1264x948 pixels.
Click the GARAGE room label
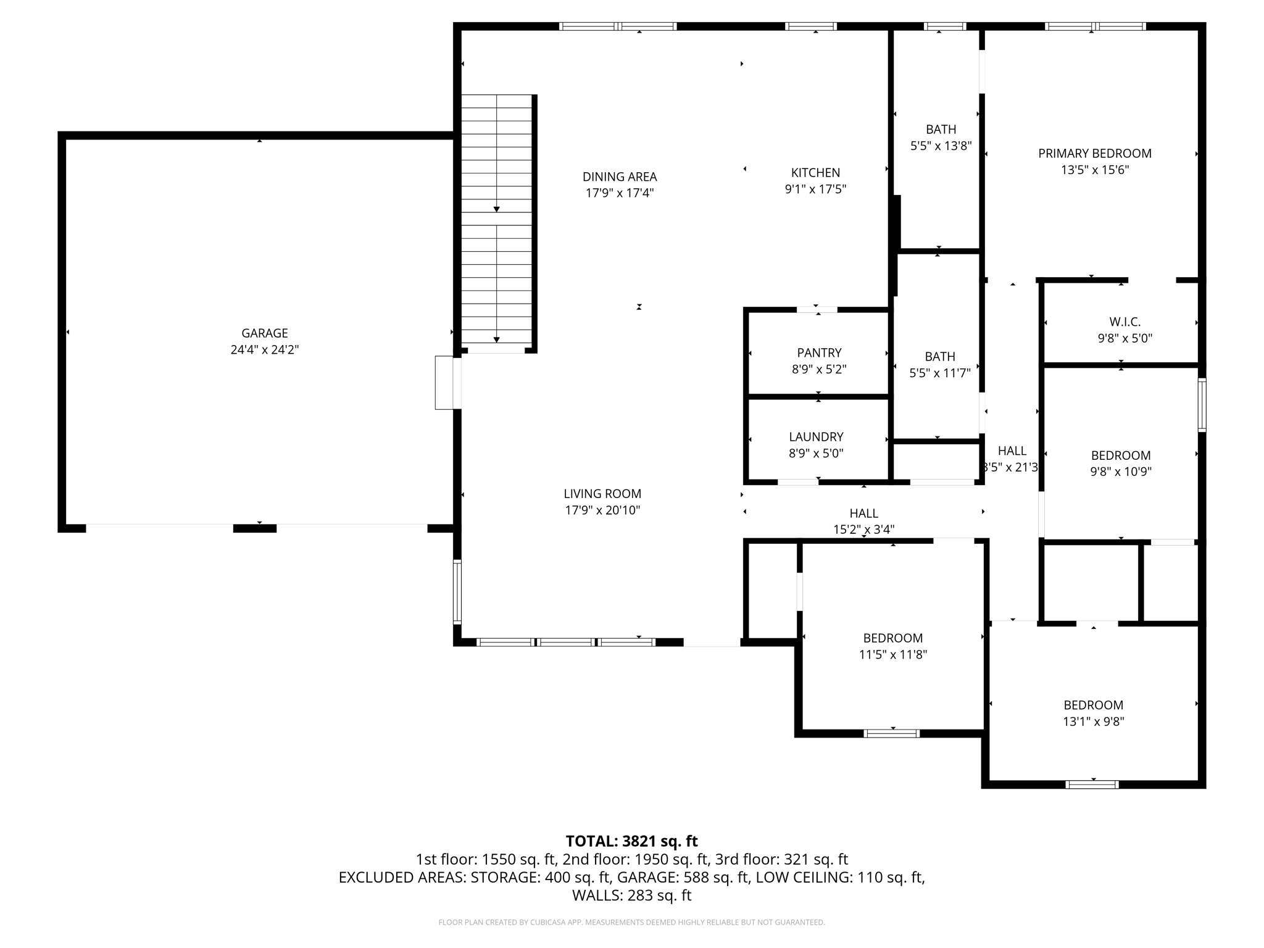point(264,333)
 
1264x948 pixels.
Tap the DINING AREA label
point(619,177)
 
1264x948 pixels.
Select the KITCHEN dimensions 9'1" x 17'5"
point(815,189)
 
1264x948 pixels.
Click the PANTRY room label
point(819,352)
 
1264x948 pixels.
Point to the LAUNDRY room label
point(816,437)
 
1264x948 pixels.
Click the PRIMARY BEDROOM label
point(1094,153)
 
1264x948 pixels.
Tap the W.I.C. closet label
point(1125,322)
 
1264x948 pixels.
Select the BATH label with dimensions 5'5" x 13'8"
point(941,129)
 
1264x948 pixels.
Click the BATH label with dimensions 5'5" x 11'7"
point(939,356)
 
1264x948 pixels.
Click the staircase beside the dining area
point(496,219)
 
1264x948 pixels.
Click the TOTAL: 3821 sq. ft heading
point(631,841)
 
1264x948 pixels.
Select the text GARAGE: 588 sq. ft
point(683,877)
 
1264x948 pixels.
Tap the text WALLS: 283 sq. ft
point(631,895)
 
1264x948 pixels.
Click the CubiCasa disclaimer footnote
point(631,922)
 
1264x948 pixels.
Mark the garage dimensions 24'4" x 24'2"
point(264,350)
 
